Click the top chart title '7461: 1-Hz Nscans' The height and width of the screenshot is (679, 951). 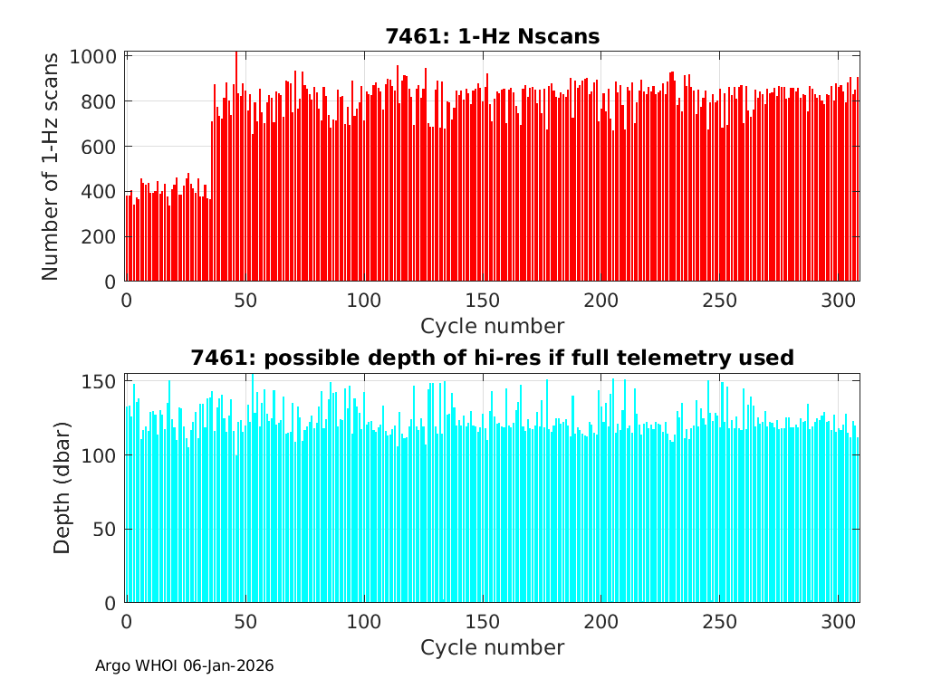(492, 36)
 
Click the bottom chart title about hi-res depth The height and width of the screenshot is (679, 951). (492, 358)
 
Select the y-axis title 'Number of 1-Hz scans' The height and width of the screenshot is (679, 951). (51, 167)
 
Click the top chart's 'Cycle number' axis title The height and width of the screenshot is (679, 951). (492, 326)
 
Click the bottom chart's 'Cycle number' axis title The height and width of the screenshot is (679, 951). (492, 647)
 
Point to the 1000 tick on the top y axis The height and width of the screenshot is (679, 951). (93, 56)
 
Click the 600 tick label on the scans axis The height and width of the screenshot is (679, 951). (99, 147)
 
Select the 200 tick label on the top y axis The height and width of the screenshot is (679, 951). (99, 237)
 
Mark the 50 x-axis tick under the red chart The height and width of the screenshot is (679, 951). (245, 301)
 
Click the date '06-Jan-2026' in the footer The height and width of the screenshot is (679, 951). (228, 666)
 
